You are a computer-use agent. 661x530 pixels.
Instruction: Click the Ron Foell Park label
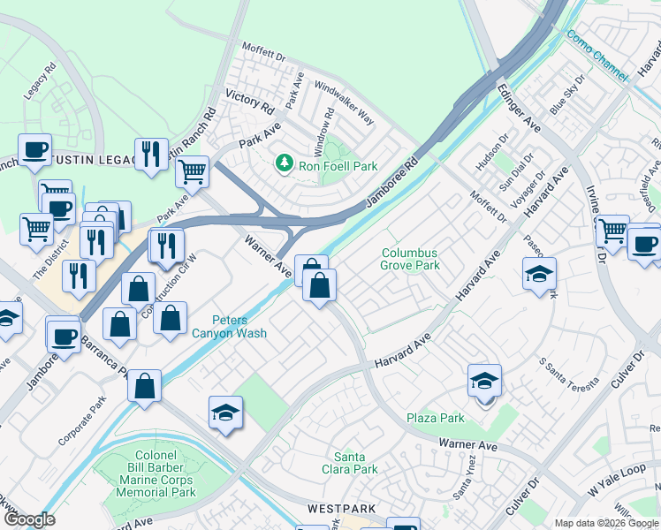[339, 165]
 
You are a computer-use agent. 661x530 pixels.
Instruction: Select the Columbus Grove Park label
[409, 258]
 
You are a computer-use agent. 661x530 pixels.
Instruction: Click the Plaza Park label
[435, 418]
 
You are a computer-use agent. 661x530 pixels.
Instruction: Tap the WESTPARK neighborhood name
[342, 510]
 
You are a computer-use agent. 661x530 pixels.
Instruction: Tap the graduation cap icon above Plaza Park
[484, 382]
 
